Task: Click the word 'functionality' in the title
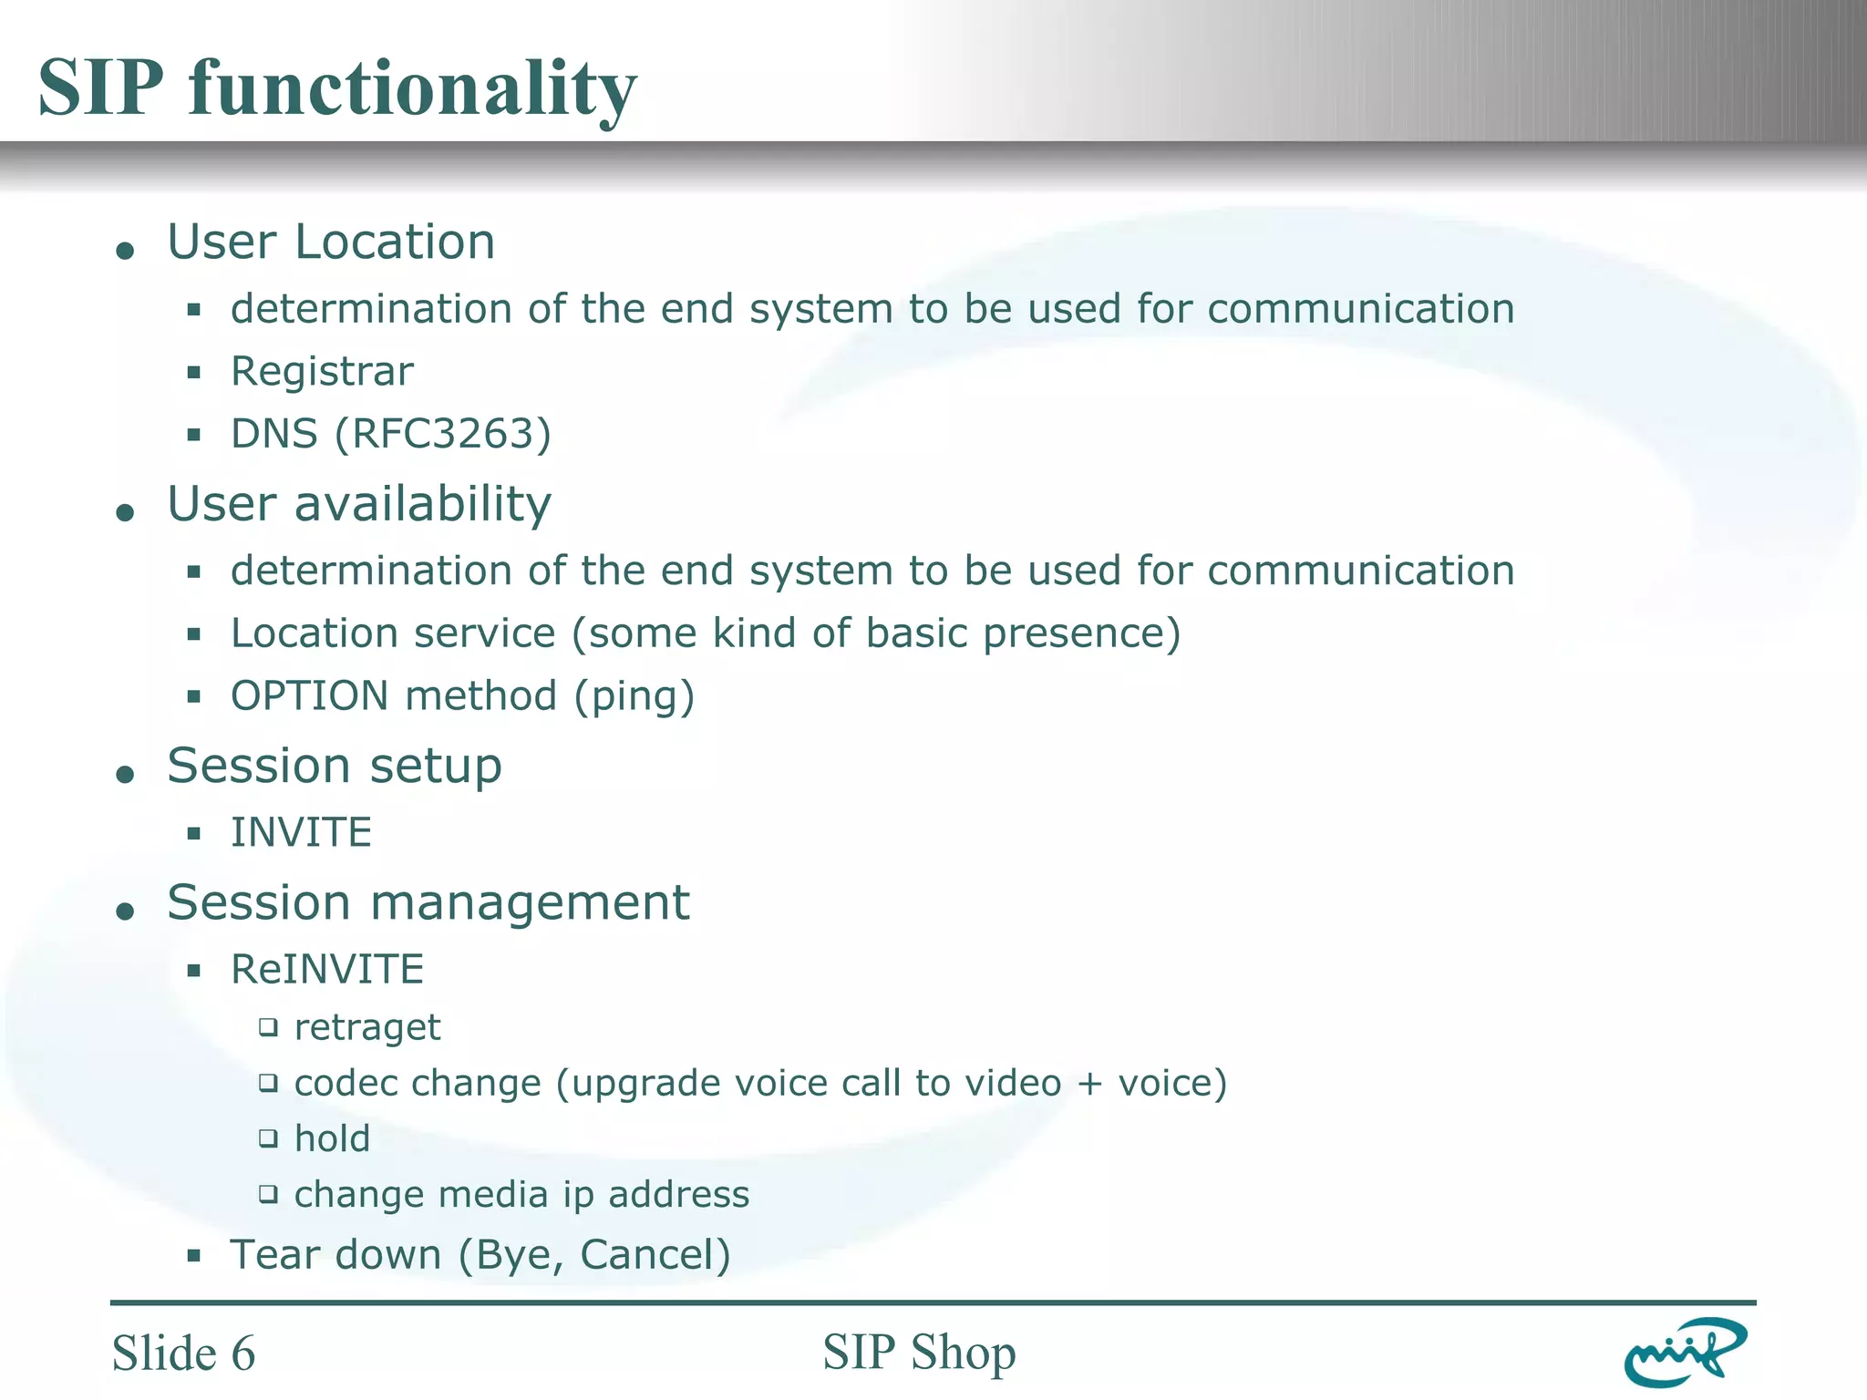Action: coord(412,88)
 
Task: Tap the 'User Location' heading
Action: coord(331,242)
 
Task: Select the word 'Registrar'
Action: coord(322,372)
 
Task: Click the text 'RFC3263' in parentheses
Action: coord(443,434)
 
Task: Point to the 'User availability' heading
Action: coord(359,504)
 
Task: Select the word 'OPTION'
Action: coord(310,696)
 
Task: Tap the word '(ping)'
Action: coord(634,697)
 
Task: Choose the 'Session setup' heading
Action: coord(335,766)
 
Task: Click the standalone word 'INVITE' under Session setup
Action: coord(301,832)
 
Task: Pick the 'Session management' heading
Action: coord(428,902)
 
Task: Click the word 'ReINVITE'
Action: coord(327,969)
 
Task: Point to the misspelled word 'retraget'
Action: coord(367,1028)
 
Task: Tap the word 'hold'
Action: coord(332,1139)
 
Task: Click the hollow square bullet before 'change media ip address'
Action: coord(267,1194)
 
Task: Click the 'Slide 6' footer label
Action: coord(183,1353)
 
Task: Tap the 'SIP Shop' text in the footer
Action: coord(919,1352)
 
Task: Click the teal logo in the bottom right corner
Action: coord(1684,1352)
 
